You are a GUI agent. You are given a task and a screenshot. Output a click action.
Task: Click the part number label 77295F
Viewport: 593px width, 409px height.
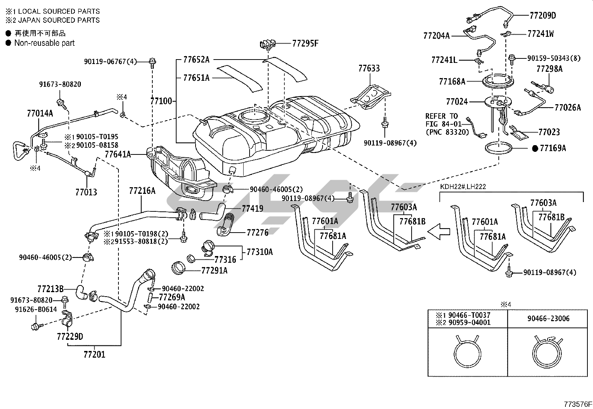pyautogui.click(x=305, y=44)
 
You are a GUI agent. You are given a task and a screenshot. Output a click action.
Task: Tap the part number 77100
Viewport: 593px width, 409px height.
pyautogui.click(x=161, y=101)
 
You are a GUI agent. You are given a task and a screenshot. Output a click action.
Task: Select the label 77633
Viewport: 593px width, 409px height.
pyautogui.click(x=369, y=68)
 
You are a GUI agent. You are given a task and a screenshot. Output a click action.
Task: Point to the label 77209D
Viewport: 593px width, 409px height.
pyautogui.click(x=542, y=15)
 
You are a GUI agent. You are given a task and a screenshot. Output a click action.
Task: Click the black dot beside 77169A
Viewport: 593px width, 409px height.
pyautogui.click(x=535, y=148)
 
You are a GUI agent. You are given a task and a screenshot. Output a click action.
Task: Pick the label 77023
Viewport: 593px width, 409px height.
pyautogui.click(x=549, y=132)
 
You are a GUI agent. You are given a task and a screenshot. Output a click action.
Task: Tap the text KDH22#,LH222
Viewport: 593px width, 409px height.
pyautogui.click(x=463, y=186)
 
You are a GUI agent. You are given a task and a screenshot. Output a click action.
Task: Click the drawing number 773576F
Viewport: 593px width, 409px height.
pyautogui.click(x=577, y=404)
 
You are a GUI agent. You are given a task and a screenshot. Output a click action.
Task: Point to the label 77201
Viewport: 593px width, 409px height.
pyautogui.click(x=94, y=355)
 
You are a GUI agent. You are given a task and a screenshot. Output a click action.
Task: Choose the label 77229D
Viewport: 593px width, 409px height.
pyautogui.click(x=70, y=337)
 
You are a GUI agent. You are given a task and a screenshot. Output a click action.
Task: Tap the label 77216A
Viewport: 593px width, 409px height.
pyautogui.click(x=142, y=191)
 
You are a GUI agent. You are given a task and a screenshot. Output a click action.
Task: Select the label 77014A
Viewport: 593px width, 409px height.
pyautogui.click(x=40, y=113)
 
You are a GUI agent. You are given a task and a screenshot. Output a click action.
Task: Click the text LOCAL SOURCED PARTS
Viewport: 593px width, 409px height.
pyautogui.click(x=59, y=12)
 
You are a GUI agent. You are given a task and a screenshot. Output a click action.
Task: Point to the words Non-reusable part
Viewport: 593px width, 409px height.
pyautogui.click(x=44, y=43)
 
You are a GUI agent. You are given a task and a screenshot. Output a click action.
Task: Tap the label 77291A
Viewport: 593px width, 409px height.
pyautogui.click(x=214, y=271)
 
